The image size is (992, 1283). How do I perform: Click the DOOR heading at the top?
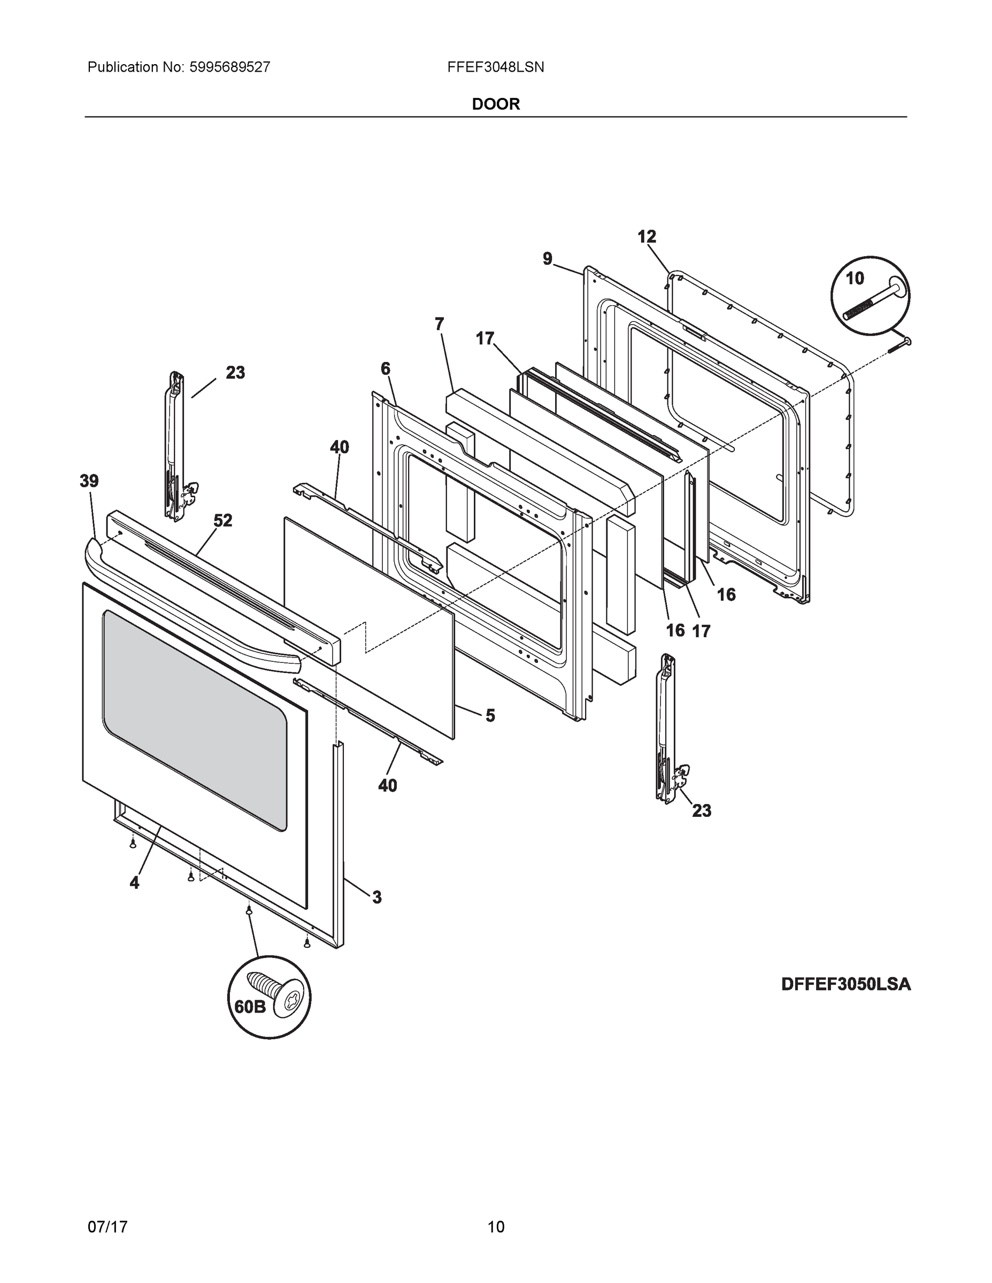(495, 104)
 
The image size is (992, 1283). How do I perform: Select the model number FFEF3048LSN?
(495, 67)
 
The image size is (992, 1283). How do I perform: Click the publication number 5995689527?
(229, 67)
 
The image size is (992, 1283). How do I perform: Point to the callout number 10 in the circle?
(855, 279)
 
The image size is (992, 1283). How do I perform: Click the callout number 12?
(647, 237)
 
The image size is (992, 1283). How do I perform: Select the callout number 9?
(547, 259)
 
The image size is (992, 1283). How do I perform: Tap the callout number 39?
(89, 481)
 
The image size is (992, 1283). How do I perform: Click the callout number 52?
(222, 521)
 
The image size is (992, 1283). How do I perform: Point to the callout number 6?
(385, 369)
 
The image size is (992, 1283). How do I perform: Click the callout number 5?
(489, 715)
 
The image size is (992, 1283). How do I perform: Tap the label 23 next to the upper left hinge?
(235, 373)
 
